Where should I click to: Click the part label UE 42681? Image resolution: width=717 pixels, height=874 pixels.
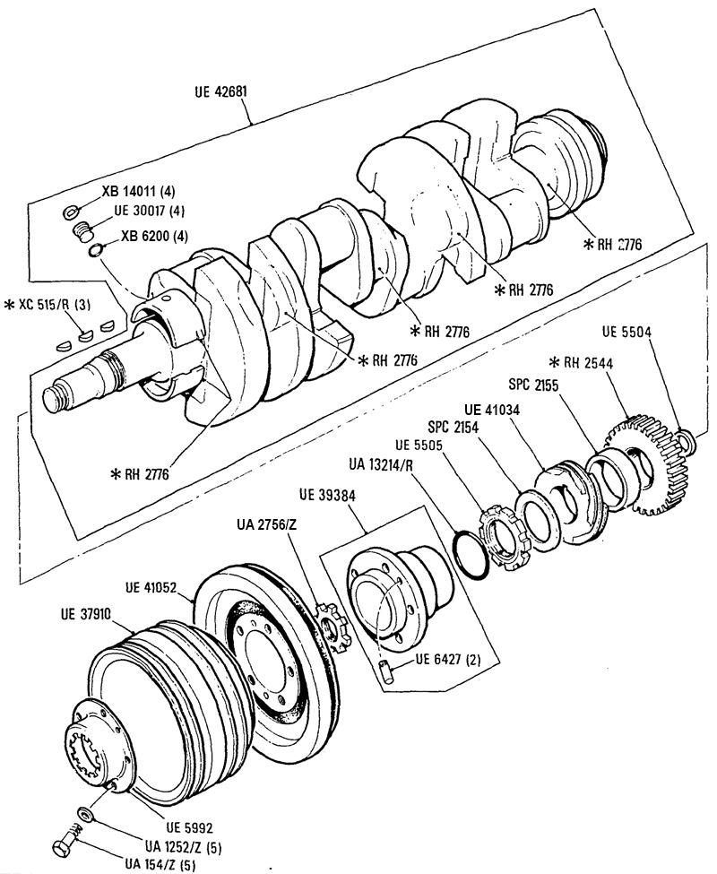click(x=220, y=91)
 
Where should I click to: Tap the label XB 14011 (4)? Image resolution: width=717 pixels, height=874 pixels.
click(x=138, y=192)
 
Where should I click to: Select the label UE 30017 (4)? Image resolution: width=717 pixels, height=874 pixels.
click(x=150, y=212)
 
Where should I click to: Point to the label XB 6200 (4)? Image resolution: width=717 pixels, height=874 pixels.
click(x=154, y=236)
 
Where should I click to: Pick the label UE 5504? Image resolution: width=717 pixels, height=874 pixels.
click(x=626, y=333)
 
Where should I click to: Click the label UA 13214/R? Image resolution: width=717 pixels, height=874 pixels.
click(x=381, y=464)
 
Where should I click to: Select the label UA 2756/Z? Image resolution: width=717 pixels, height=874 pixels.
click(x=266, y=524)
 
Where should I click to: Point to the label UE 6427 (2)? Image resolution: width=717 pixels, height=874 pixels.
click(x=448, y=660)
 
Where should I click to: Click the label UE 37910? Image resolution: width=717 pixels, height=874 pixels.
click(x=86, y=614)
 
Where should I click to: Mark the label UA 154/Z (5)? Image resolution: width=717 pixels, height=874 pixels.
click(x=160, y=864)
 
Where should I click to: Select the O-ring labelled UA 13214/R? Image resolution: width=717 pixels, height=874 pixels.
click(x=471, y=556)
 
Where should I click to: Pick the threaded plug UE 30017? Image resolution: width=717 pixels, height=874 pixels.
click(x=82, y=231)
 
